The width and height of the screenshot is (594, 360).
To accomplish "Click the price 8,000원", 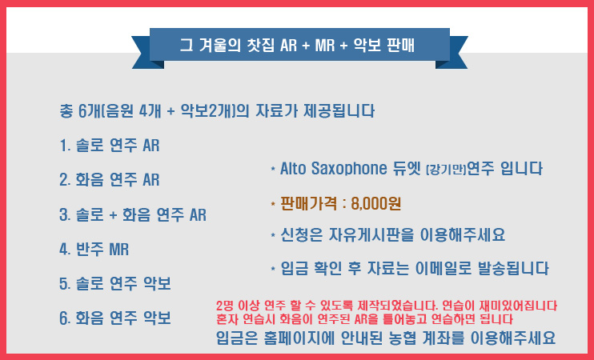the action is click(x=375, y=204).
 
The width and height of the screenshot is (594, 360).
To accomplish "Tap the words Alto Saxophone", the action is click(x=333, y=169).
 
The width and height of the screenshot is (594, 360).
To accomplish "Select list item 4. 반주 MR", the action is click(x=94, y=250).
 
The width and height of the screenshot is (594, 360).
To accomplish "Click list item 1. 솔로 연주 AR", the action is click(x=110, y=146).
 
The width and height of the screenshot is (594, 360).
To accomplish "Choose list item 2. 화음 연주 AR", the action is click(x=110, y=179).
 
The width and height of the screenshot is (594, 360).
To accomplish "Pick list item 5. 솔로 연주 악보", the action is click(x=115, y=283).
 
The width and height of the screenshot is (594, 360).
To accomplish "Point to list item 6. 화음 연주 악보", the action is click(x=115, y=318).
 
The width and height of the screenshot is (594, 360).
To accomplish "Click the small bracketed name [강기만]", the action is click(x=446, y=170).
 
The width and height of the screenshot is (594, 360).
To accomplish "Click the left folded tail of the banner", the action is click(x=146, y=53).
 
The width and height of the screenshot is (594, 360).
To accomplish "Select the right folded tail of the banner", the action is click(x=453, y=53).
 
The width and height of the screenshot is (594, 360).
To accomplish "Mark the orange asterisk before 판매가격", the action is click(x=273, y=205).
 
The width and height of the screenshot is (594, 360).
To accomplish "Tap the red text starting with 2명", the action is click(x=387, y=312).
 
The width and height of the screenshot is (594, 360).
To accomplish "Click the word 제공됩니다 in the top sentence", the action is click(x=339, y=111).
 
